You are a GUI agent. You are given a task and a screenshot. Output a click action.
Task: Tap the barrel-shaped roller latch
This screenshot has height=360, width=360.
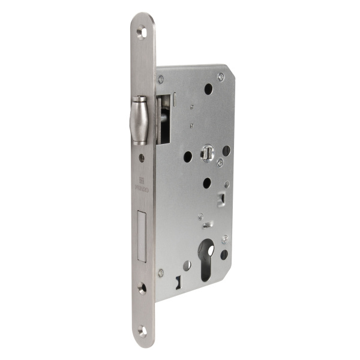point(139,121)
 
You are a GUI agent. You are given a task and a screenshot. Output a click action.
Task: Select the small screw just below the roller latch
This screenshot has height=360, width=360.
point(142,158)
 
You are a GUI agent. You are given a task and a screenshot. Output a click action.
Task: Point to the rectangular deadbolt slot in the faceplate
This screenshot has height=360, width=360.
point(142,237)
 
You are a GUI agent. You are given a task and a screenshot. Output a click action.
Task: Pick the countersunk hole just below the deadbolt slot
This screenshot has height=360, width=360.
point(142,289)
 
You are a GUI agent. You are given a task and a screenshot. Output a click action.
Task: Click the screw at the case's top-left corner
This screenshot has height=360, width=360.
point(161,79)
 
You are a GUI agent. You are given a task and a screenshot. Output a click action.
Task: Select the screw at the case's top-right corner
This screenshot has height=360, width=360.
point(221,76)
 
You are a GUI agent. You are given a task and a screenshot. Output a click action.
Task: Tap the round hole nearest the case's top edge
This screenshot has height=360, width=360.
point(208,89)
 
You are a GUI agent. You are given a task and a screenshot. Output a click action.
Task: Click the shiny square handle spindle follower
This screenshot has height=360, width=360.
point(206,153)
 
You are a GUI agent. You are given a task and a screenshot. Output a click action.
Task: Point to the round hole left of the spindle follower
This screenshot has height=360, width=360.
point(187,156)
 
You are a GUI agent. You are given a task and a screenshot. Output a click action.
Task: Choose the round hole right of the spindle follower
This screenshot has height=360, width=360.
point(226,151)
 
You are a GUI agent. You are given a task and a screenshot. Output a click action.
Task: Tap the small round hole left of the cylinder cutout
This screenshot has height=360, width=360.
point(187,265)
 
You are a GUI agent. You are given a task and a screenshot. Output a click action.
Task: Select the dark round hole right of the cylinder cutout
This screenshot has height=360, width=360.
point(224,254)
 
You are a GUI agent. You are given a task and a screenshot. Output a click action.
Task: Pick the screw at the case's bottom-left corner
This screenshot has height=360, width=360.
point(161,272)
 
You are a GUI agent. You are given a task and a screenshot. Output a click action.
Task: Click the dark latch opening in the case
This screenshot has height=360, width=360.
point(163,120)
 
